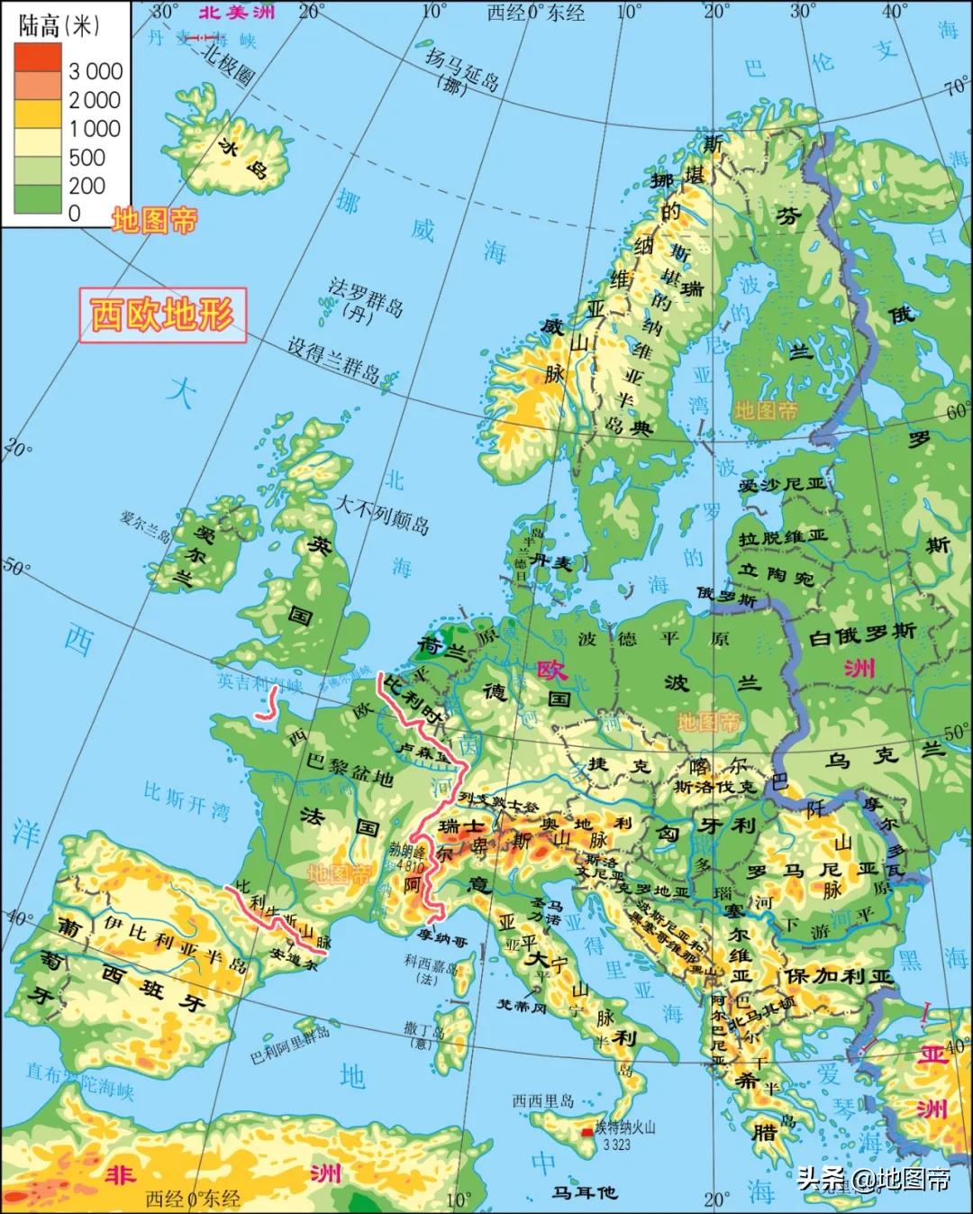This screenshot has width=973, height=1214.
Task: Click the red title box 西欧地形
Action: point(162,315)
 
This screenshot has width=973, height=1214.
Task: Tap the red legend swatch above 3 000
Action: point(38,57)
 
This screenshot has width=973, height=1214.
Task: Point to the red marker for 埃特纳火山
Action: point(587,1130)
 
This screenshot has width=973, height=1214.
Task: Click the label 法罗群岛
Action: point(366,292)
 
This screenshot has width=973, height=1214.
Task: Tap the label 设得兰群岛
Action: point(333,361)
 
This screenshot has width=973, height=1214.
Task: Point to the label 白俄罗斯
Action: point(862,633)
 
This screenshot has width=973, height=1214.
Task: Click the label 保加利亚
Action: point(838,976)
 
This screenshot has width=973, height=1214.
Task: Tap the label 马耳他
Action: point(585,1192)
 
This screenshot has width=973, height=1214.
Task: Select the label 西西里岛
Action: point(542,1100)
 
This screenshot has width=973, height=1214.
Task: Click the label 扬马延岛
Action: point(462,73)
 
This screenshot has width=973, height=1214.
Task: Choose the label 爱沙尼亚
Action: point(781,484)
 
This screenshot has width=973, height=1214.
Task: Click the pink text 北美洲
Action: point(237,13)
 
